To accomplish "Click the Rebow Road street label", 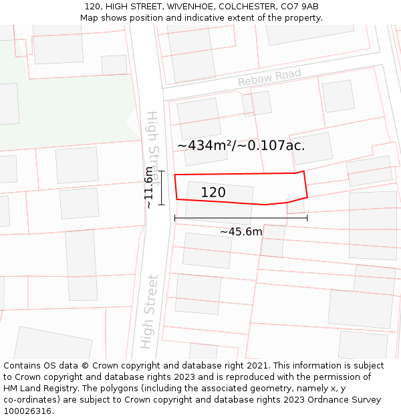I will [x=269, y=78].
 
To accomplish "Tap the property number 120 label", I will [x=213, y=193].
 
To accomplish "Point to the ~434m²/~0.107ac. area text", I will [x=241, y=145].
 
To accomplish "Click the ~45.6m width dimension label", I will [x=241, y=232].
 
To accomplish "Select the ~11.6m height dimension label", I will [x=148, y=187].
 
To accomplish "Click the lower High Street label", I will [x=149, y=312].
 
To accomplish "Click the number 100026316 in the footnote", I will [x=27, y=411].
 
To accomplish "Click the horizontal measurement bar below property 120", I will [x=241, y=218].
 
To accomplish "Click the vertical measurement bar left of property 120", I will [x=161, y=187].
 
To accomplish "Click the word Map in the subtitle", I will [x=90, y=18].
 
